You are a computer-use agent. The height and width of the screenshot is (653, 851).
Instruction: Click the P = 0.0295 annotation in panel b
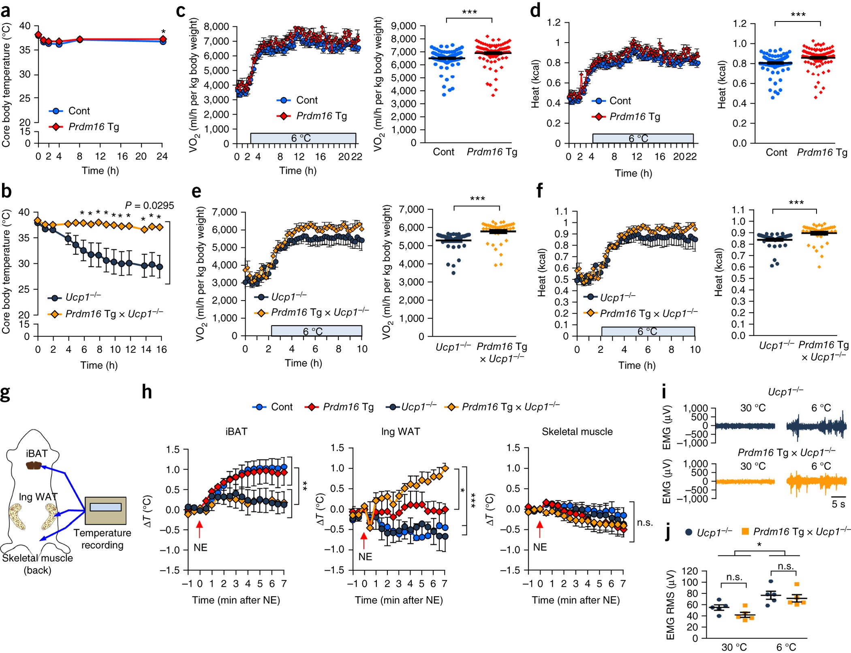click(x=149, y=206)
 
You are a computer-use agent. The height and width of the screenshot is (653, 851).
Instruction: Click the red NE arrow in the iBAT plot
click(x=199, y=528)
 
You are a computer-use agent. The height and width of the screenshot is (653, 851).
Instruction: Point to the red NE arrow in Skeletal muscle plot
click(x=539, y=528)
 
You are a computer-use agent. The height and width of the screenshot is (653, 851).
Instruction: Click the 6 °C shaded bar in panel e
click(x=316, y=331)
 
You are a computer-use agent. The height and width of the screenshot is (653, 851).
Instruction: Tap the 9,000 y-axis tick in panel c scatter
click(x=404, y=26)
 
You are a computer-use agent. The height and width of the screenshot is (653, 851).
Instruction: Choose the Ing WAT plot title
click(x=400, y=432)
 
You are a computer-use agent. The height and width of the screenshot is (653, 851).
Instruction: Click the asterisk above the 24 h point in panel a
click(x=163, y=32)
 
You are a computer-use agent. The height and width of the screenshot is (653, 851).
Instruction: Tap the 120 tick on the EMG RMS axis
click(x=690, y=571)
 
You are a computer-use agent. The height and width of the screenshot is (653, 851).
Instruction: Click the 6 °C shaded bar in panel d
click(x=642, y=139)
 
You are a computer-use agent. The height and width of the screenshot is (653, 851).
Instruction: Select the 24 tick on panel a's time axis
click(x=162, y=156)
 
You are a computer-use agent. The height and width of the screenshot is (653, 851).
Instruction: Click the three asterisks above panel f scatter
click(x=796, y=203)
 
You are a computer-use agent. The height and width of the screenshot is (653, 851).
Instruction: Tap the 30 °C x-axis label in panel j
click(x=734, y=647)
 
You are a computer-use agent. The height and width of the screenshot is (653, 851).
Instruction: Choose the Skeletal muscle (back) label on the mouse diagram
click(x=37, y=564)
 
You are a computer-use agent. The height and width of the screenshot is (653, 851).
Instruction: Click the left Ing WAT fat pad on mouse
click(x=17, y=516)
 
